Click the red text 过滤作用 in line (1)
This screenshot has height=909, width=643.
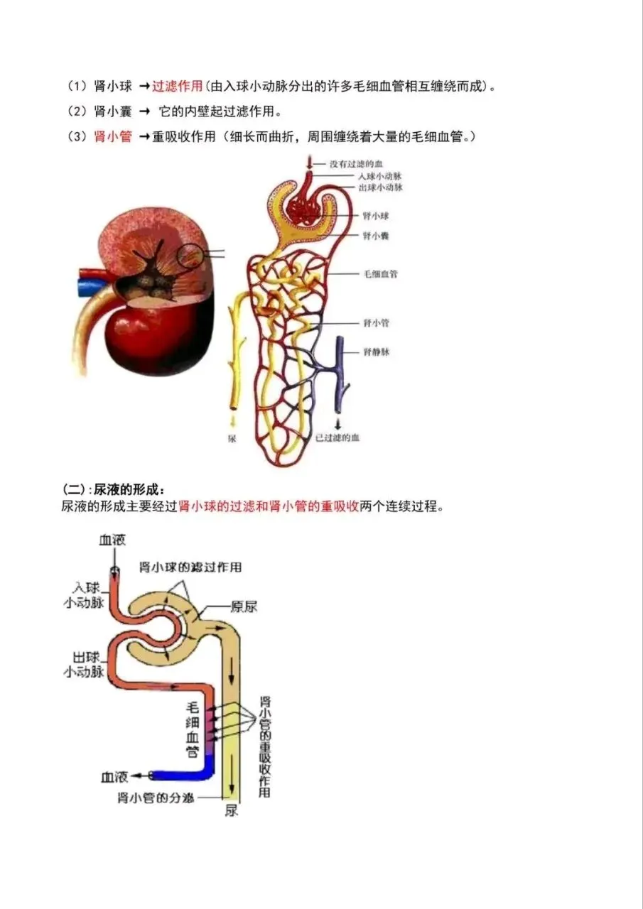pyautogui.click(x=177, y=86)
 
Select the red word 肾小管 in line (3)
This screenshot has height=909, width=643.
pyautogui.click(x=113, y=137)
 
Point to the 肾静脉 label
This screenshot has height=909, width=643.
pyautogui.click(x=377, y=351)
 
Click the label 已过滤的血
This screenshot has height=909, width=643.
pyautogui.click(x=337, y=437)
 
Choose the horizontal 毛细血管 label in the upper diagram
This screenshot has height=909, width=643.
pyautogui.click(x=380, y=273)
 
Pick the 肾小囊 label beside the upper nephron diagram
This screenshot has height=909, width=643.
pyautogui.click(x=375, y=235)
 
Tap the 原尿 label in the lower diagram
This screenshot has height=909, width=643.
pyautogui.click(x=244, y=606)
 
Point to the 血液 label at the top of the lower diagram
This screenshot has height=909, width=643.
pyautogui.click(x=112, y=540)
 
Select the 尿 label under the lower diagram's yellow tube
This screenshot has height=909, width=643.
pyautogui.click(x=231, y=810)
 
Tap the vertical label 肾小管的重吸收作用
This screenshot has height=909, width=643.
pyautogui.click(x=264, y=746)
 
